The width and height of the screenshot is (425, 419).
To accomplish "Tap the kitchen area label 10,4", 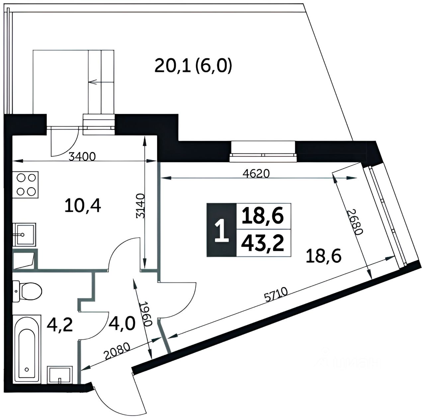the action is pyautogui.click(x=83, y=207).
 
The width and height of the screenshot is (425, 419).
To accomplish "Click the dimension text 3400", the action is pyautogui.click(x=82, y=157).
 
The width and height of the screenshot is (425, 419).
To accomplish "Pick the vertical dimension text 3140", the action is pyautogui.click(x=140, y=206).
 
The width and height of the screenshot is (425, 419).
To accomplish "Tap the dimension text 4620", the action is pyautogui.click(x=256, y=174).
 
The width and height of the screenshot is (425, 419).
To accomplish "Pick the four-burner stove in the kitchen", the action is pyautogui.click(x=26, y=184).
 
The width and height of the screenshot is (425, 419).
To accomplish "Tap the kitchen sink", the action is pyautogui.click(x=24, y=234).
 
